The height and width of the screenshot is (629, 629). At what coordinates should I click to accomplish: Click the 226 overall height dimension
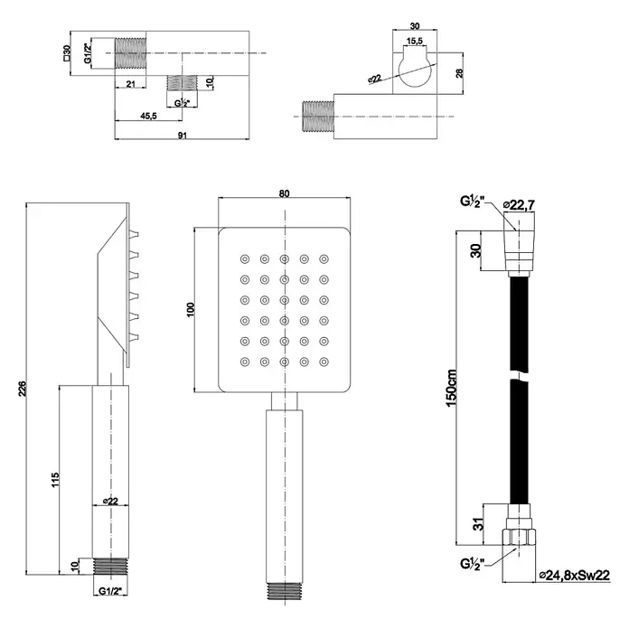pos(22,389)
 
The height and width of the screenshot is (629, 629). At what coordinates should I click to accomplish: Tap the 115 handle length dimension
pos(55,480)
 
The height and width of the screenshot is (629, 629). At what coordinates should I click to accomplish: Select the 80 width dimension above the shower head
pos(284,193)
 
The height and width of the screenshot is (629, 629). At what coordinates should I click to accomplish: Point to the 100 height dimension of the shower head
pos(191,309)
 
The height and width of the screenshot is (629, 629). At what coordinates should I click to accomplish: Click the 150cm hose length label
pos(451,388)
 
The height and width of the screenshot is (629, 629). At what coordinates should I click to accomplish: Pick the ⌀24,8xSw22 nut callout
pos(575,576)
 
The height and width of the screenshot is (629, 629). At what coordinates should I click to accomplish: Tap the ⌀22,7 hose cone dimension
pos(519,205)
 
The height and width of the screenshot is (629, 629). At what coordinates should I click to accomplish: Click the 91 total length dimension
pos(183,136)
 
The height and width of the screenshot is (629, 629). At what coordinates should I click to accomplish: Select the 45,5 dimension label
pos(148,117)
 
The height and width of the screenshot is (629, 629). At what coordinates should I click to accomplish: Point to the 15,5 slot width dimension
pos(415,41)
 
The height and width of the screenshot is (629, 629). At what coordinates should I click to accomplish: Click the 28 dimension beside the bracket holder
pos(459,73)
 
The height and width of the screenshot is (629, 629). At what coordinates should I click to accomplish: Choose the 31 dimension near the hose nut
pos(478,524)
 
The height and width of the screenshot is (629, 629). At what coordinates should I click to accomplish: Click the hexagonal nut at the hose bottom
pos(519,537)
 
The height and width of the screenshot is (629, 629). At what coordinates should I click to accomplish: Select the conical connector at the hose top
pos(519,250)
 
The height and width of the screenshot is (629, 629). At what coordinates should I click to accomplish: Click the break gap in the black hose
pos(519,376)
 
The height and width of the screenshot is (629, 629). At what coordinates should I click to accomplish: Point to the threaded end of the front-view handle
pos(285,590)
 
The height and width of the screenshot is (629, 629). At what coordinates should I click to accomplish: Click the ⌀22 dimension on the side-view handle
pos(110,501)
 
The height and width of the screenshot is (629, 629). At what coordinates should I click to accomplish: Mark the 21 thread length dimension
pos(131,84)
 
